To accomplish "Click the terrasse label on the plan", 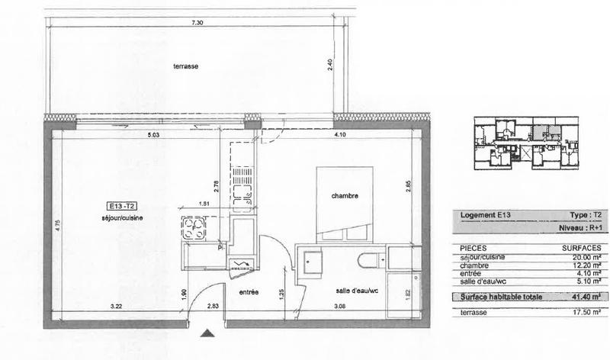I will (x=185, y=67).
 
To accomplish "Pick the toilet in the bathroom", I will (x=371, y=260).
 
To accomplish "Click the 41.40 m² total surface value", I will (x=586, y=297).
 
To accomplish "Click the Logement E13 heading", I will (x=484, y=216).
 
